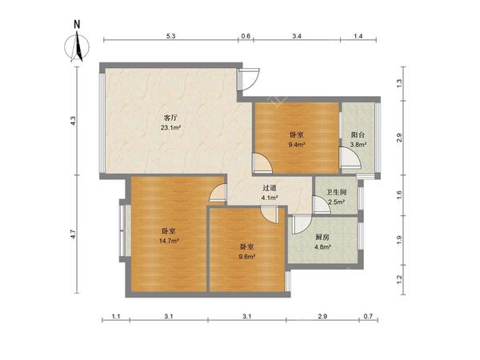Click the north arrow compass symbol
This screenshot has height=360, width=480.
[77, 46]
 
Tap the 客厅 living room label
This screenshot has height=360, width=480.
[171, 118]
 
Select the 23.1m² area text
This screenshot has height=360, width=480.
[171, 127]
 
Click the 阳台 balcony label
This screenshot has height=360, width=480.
[358, 134]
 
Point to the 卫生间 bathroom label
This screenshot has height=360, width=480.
[336, 192]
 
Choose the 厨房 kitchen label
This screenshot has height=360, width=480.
[322, 237]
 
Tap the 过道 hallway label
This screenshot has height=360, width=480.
[270, 188]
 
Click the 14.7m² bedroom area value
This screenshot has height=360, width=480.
[169, 241]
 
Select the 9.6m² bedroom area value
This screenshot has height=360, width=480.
[247, 257]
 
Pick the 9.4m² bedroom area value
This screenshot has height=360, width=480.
[297, 145]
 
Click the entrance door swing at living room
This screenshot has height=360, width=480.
[249, 79]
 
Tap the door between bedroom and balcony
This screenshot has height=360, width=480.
[350, 158]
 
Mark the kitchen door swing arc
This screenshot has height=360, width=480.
[302, 225]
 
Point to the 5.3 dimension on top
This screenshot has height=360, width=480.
[171, 36]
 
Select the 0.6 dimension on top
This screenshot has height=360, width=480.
[246, 36]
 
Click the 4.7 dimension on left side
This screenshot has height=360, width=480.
[73, 234]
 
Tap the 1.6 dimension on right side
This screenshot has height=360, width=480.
[399, 194]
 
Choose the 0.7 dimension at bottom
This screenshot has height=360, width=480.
[368, 316]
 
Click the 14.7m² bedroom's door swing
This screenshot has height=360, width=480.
[218, 193]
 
